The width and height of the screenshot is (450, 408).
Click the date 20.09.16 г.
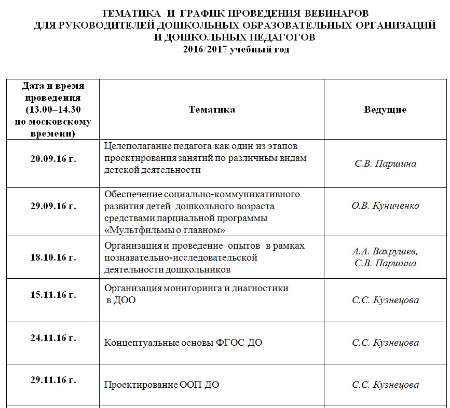[x=53, y=159]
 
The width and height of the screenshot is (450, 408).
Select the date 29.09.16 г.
[x=53, y=206]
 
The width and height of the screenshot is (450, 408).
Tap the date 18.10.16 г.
[x=53, y=257]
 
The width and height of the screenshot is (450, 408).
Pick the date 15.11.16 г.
[x=53, y=295]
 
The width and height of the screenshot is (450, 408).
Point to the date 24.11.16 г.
[x=53, y=338]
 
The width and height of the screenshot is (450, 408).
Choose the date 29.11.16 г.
[x=53, y=380]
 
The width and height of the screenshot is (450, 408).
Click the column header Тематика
[x=212, y=110]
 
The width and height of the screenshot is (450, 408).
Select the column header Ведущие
[x=385, y=110]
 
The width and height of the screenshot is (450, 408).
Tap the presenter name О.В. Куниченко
[x=385, y=206]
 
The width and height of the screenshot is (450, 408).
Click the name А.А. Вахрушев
[x=385, y=252]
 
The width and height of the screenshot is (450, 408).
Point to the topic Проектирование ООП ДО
[x=161, y=385]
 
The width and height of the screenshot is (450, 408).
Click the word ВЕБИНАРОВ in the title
[x=338, y=13]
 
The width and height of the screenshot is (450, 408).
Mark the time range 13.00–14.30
[x=53, y=110]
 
